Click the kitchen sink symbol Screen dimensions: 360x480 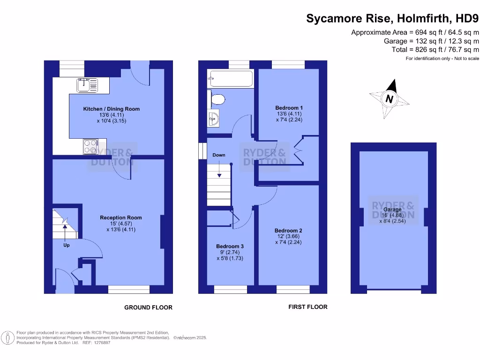click(87, 85)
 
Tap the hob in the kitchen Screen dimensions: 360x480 click(90, 146)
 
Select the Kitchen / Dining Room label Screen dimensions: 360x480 click(112, 109)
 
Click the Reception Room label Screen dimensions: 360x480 click(121, 217)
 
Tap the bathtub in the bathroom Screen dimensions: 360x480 click(230, 78)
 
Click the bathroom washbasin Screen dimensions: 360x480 click(213, 119)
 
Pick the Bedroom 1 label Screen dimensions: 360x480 click(288, 108)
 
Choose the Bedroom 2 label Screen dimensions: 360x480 click(288, 231)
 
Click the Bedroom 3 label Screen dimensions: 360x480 click(230, 246)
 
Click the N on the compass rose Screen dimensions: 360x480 click(389, 99)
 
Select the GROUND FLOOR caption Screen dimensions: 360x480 click(148, 307)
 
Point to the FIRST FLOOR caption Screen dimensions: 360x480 click(307, 307)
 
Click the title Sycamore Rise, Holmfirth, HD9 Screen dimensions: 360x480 click(392, 19)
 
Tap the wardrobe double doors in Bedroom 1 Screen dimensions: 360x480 click(298, 150)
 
